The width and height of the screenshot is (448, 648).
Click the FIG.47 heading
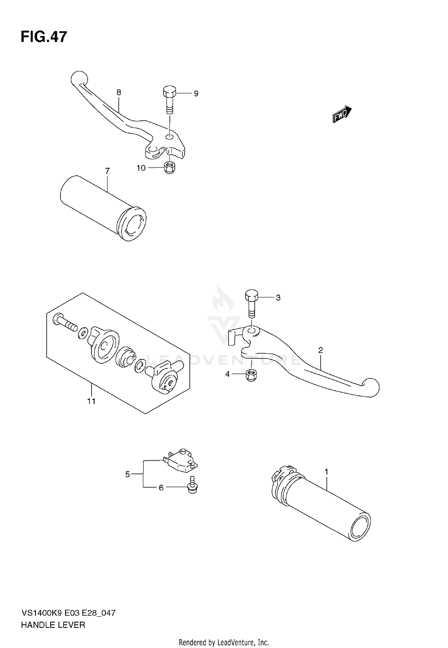(44, 37)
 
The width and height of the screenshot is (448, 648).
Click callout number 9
(196, 94)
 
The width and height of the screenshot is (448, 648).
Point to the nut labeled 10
(170, 167)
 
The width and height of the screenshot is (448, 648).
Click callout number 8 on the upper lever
(119, 92)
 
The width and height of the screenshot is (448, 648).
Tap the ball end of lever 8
(79, 79)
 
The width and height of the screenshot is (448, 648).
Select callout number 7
(107, 171)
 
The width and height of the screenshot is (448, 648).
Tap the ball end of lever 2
(371, 387)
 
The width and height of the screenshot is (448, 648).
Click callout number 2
(320, 350)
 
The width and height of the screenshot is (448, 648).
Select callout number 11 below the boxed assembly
(91, 401)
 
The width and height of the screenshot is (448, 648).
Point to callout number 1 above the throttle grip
(326, 472)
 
